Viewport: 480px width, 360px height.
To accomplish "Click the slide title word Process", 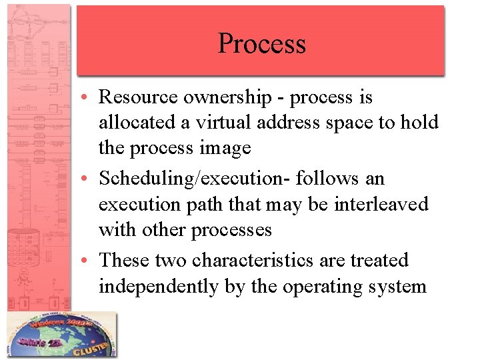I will [x=261, y=44].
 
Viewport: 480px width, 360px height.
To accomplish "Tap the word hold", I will [x=419, y=123].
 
